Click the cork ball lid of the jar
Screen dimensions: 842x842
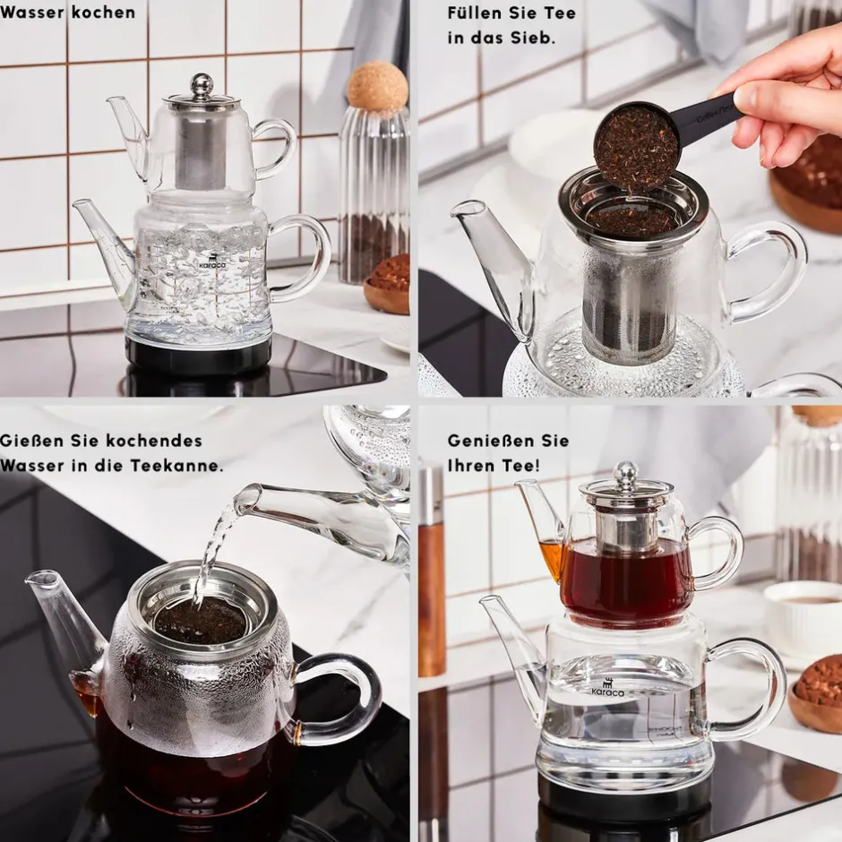[377, 86]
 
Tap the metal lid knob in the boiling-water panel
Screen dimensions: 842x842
[202, 84]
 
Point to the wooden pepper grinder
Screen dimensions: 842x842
[431, 568]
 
